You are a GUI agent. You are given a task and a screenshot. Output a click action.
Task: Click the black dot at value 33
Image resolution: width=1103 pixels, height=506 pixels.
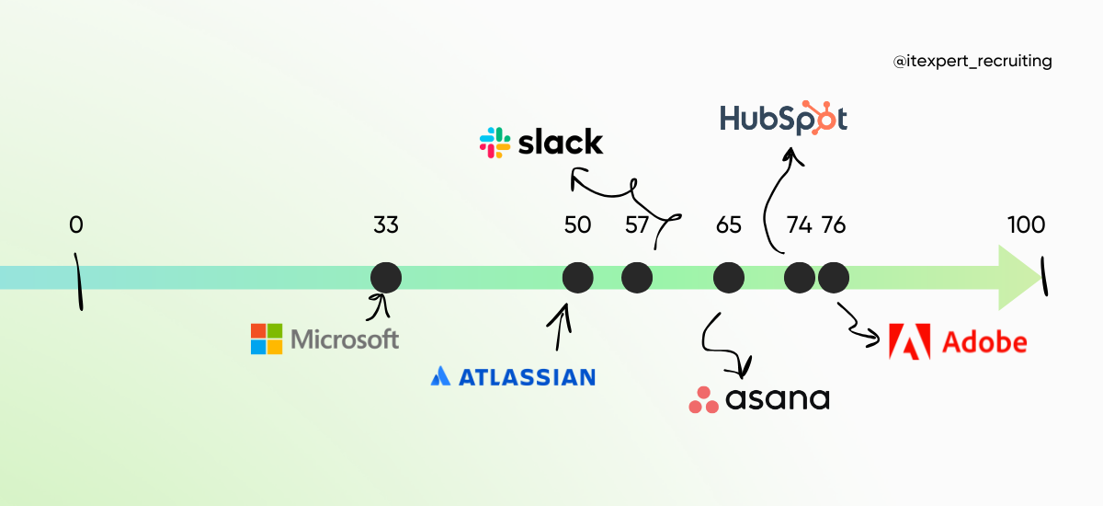point(386,277)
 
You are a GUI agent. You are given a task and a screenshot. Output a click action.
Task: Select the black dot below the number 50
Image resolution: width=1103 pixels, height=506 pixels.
point(577,277)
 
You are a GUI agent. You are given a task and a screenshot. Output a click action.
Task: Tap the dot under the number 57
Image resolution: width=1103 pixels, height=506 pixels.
point(637,277)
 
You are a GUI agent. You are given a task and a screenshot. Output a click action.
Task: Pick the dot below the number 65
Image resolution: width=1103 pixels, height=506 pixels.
point(728,277)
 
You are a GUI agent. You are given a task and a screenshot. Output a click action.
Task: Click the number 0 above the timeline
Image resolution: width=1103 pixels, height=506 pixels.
point(75,224)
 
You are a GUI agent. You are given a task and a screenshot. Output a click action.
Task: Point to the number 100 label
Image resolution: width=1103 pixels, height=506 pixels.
point(1026,224)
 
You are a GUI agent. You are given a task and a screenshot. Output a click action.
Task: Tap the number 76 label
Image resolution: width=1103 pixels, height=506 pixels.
point(834,225)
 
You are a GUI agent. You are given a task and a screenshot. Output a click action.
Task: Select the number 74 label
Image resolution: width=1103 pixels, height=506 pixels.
point(800,225)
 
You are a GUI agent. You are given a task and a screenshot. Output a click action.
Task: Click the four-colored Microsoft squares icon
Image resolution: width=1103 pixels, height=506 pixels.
point(267,339)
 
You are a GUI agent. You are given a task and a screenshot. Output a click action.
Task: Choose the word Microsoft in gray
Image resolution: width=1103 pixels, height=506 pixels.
point(345,339)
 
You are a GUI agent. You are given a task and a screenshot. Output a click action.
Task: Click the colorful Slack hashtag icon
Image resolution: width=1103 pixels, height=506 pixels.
point(495,143)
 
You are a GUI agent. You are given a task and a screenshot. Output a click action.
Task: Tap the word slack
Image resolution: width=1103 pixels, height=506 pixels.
point(561,143)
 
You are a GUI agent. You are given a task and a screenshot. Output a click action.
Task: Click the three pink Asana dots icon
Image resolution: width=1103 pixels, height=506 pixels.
point(703,399)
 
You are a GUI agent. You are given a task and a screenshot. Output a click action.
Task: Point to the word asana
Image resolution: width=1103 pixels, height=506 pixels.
point(777,399)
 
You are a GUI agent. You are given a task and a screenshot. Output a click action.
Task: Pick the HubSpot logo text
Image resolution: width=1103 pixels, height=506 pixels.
point(783,119)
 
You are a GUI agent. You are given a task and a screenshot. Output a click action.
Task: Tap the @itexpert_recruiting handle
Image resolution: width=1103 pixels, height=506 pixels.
point(972,62)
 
